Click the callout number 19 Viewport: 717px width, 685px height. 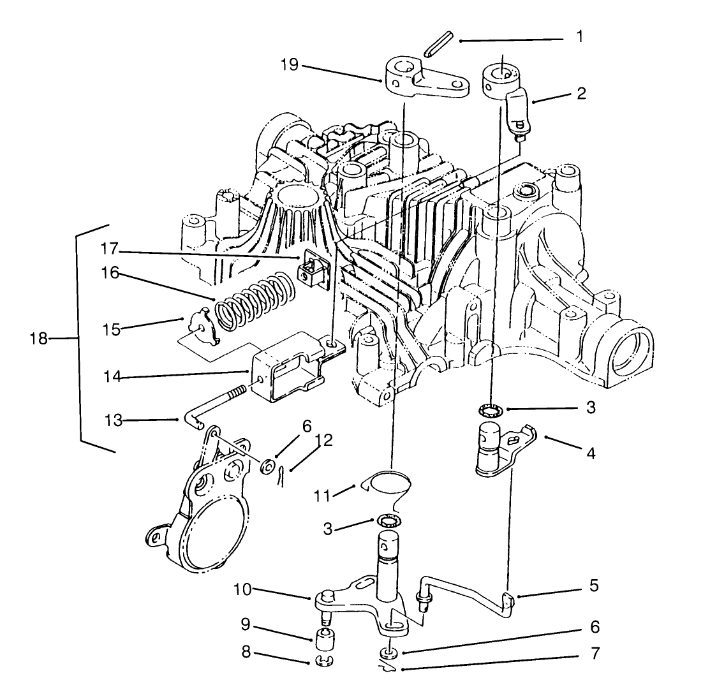(x=289, y=65)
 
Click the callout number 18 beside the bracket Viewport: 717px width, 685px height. (x=38, y=338)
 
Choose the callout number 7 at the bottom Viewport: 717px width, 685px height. (x=595, y=653)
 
